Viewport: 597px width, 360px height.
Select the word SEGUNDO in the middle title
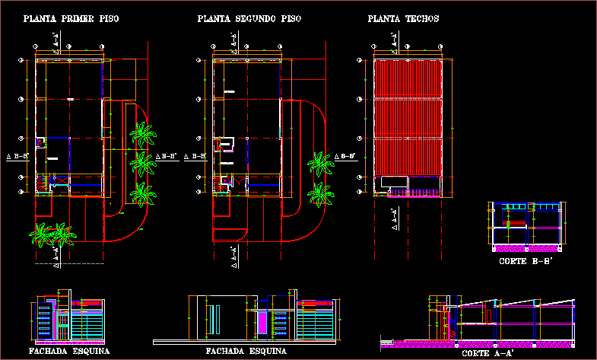pos(253,18)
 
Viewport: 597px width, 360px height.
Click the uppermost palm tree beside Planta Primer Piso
pos(142,134)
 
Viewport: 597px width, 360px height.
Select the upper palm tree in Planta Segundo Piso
pos(320,164)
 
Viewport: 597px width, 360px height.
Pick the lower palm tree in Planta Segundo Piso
pos(320,195)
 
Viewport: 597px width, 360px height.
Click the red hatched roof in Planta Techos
pos(408,114)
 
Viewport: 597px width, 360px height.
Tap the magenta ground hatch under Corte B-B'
pos(527,248)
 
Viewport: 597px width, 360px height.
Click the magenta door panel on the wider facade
pos(263,321)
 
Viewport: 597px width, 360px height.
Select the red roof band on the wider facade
pos(317,304)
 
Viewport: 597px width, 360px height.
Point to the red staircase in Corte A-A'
pos(455,328)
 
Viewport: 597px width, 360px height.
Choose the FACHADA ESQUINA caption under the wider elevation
pos(246,352)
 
